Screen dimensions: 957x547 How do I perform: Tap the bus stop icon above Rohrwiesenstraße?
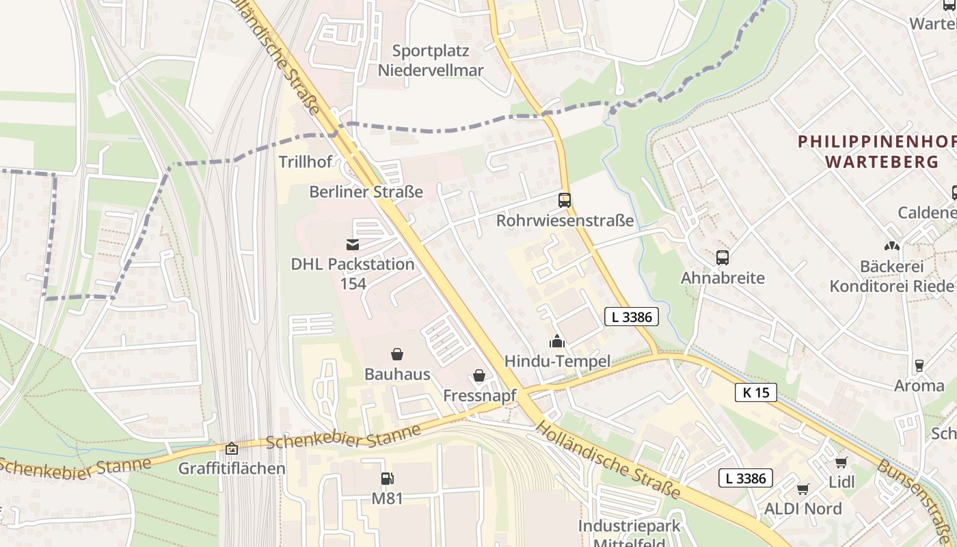coord(565,200)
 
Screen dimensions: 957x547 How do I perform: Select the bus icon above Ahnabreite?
coord(723,258)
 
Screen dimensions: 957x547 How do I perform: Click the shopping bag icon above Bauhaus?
coord(396,353)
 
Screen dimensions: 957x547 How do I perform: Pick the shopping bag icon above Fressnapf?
coord(479,375)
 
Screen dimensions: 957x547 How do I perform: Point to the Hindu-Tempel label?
coord(556,361)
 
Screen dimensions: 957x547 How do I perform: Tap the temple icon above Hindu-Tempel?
coord(557,341)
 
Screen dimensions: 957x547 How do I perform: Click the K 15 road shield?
coord(756,392)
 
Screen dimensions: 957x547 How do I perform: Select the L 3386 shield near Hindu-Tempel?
coord(632,317)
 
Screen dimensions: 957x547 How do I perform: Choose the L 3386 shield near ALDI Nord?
coord(745,478)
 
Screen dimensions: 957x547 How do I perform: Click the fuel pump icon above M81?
coord(387,479)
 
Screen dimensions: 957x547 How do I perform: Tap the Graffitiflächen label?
coord(232,468)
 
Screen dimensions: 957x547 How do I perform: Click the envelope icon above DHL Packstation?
coord(353,244)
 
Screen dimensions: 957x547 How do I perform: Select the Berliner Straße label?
coord(366,191)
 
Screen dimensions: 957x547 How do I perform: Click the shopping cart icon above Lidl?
coord(841,462)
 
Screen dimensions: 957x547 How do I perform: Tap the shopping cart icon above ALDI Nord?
coord(803,489)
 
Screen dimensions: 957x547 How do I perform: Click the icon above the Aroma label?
coord(919,366)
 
